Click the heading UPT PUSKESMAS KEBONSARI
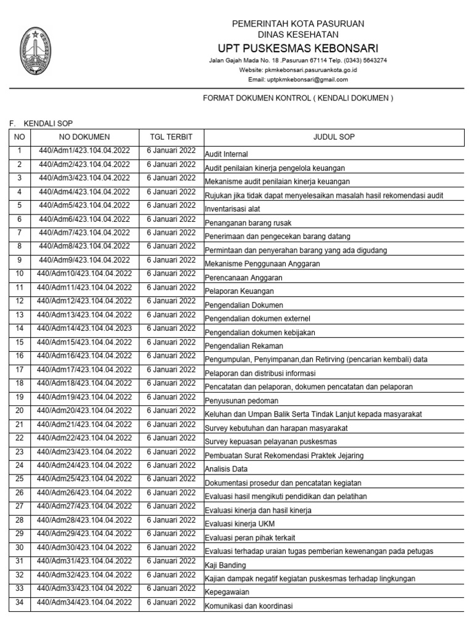pos(297,49)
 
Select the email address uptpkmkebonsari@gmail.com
pos(297,79)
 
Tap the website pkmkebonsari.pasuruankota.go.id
pos(297,70)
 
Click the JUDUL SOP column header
pos(333,137)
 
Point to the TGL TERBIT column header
pos(171,137)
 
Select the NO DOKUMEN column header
pos(85,137)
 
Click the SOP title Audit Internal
pos(227,155)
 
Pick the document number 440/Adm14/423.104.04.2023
pos(85,328)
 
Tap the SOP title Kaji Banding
pos(225,565)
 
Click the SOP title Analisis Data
pos(226,469)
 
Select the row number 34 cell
pos(19,602)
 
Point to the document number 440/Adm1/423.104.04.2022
pos(85,150)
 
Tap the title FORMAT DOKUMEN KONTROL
pos(297,98)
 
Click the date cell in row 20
pos(171,410)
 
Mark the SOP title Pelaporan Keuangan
pos(239,291)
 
